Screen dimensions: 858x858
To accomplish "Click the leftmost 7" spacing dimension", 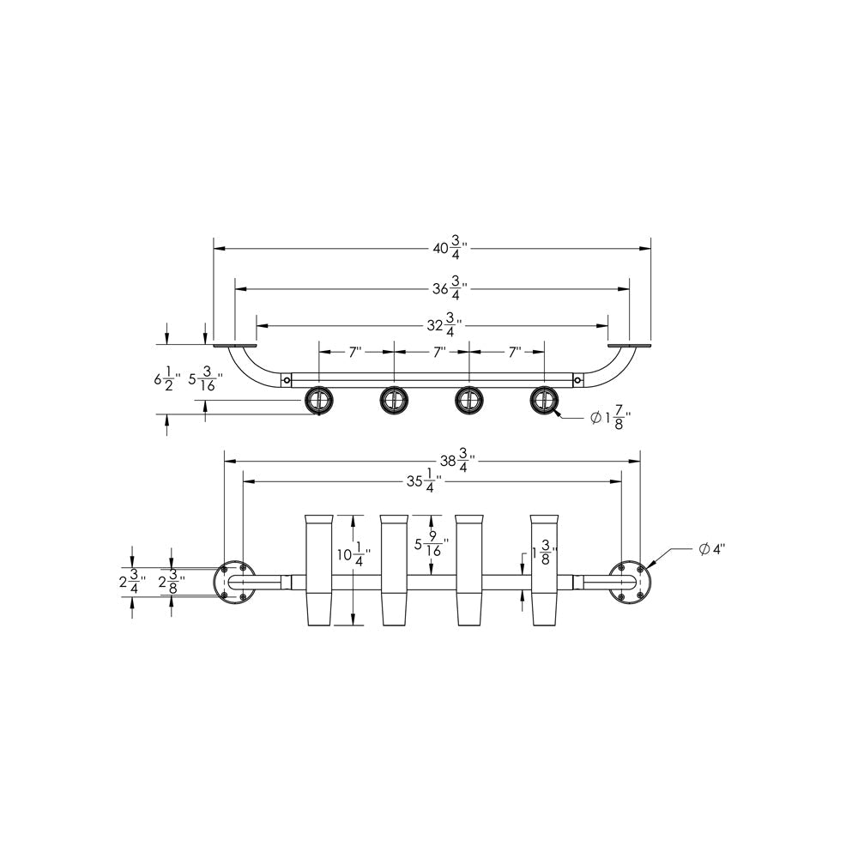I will [356, 352].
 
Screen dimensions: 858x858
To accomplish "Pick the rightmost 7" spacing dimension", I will [515, 352].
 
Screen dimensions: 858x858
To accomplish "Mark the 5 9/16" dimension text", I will [429, 546].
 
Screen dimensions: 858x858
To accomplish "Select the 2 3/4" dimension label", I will [131, 581].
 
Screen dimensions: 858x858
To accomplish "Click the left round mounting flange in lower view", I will [233, 582].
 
